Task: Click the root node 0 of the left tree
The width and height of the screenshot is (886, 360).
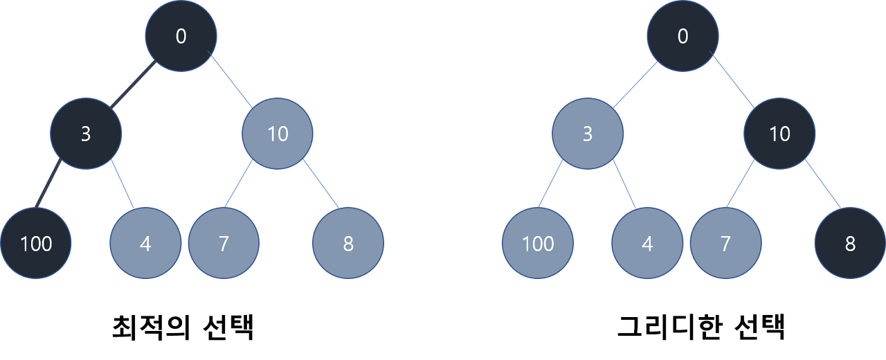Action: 181,36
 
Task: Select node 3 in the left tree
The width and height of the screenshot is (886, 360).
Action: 86,134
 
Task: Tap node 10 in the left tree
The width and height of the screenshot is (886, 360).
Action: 278,134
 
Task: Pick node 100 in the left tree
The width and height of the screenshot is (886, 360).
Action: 36,244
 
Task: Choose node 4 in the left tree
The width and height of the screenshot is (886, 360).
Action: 145,244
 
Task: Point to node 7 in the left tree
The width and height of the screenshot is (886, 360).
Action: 224,244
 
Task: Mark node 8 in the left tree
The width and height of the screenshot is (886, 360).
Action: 348,244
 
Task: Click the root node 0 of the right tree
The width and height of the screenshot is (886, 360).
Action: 682,36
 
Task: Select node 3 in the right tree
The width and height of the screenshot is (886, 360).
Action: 588,134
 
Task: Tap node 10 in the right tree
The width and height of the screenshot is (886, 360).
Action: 779,134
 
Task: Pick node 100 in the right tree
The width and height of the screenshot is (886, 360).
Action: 538,244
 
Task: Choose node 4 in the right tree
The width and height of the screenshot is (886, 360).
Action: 647,244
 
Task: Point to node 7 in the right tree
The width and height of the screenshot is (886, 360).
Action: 725,244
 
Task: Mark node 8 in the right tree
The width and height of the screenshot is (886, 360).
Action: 850,244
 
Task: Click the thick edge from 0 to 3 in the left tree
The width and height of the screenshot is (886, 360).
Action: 132,86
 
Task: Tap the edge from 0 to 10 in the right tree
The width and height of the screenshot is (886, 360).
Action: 733,84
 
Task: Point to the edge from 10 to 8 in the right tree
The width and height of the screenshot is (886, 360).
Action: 823,185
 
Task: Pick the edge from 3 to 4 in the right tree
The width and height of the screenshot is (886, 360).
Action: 624,183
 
